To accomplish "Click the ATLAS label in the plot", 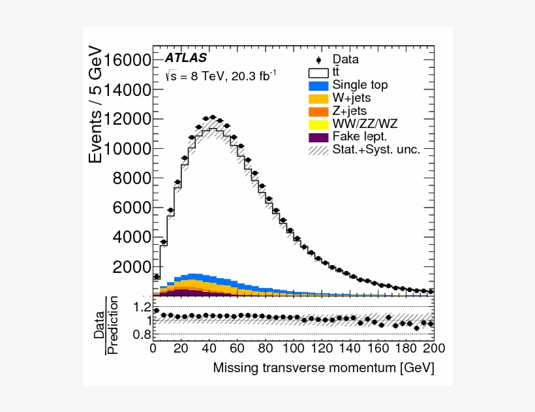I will [186, 57].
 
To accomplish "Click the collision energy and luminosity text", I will [221, 76].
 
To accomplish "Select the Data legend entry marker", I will [318, 59].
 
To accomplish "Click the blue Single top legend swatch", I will [318, 85].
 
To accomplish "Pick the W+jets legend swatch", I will [318, 98].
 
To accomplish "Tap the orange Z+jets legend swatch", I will [318, 111].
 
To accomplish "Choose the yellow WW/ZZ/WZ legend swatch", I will [318, 124].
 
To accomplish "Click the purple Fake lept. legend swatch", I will [318, 137].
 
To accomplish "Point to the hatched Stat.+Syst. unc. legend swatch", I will [318, 150].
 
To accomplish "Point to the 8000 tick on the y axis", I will [133, 178].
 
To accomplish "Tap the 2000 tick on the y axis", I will [133, 267].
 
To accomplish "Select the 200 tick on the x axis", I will [433, 348].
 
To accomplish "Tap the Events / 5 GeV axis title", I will [96, 105].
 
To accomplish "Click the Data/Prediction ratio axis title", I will [106, 325].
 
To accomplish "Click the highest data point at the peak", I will [212, 118].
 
